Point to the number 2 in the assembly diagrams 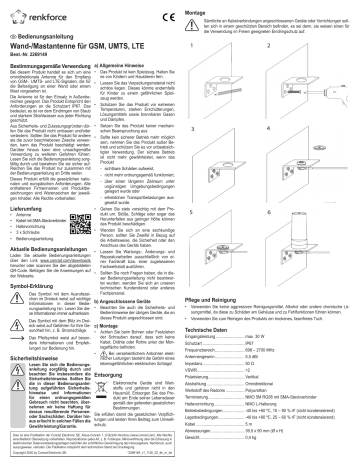[270, 43]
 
